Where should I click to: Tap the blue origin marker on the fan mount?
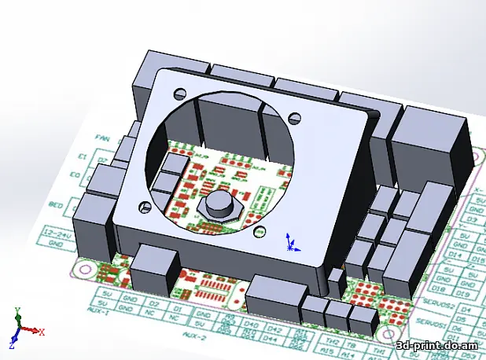coord(291,243)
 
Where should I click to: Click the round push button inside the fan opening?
coord(216,207)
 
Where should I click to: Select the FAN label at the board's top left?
coord(100,136)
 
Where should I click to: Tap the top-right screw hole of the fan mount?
coord(295,118)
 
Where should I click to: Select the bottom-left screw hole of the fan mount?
coord(144,209)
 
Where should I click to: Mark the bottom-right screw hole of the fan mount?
coord(258,231)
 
